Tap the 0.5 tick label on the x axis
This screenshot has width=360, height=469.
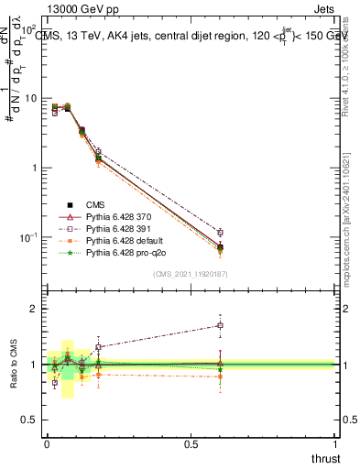coord(191,444)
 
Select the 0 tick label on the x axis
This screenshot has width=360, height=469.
coord(46,444)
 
